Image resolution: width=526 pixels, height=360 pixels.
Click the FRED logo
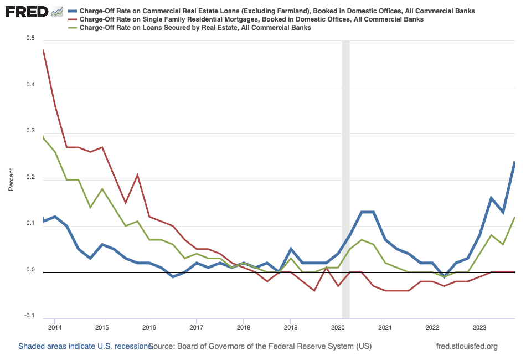click(x=28, y=12)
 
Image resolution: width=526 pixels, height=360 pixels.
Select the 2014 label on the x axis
click(x=55, y=328)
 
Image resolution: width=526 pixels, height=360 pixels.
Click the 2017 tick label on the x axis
click(x=196, y=328)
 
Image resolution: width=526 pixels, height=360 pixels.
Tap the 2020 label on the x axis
click(x=337, y=328)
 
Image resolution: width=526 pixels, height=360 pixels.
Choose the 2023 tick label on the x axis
click(x=479, y=328)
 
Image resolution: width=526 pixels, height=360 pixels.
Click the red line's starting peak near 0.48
click(x=44, y=50)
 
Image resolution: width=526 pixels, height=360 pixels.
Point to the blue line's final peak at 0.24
click(x=514, y=162)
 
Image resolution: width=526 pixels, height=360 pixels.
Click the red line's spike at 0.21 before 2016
click(x=137, y=175)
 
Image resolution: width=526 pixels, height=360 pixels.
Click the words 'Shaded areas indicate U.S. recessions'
click(x=85, y=347)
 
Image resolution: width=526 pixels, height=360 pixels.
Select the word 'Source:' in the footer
click(x=162, y=347)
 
